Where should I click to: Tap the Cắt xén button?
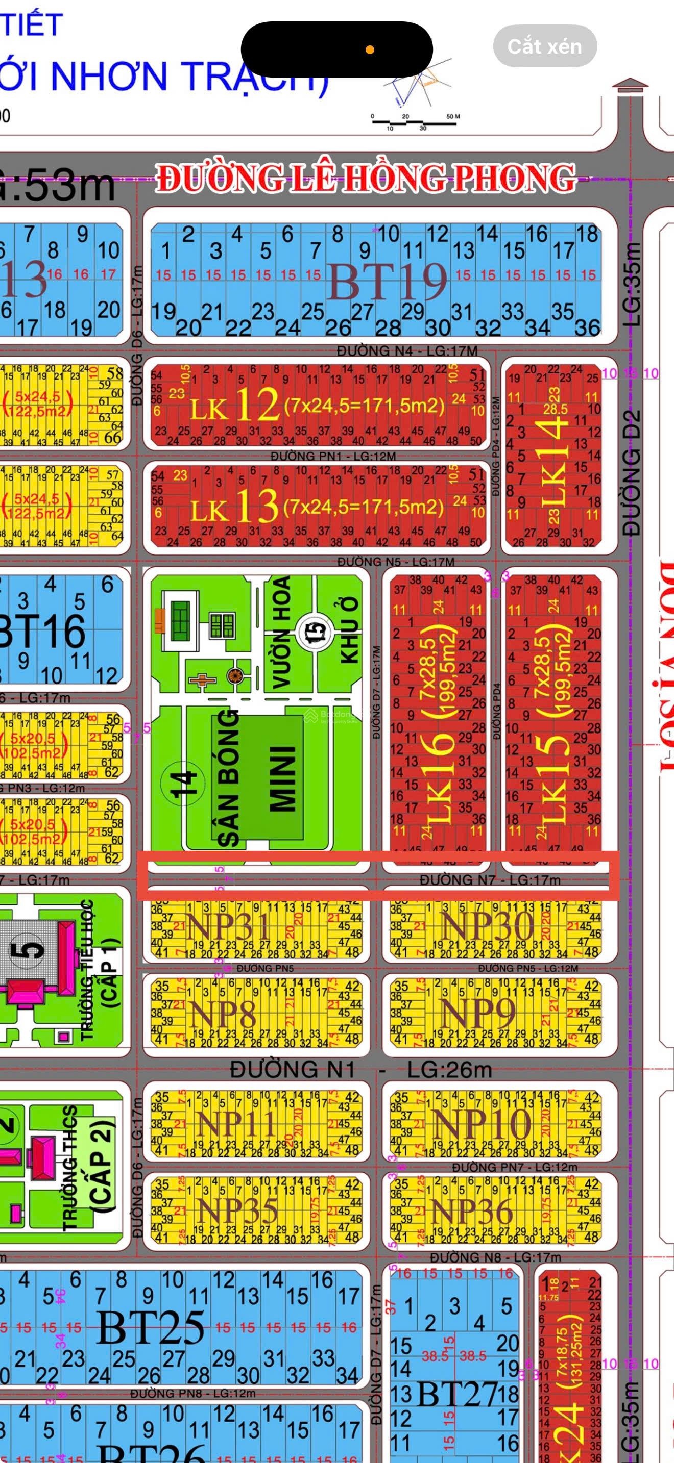544,46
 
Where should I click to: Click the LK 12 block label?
234,406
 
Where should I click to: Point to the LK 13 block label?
234,506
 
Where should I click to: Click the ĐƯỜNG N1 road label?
293,1070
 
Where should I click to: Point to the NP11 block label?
235,1124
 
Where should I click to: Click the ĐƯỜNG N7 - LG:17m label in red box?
490,880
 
